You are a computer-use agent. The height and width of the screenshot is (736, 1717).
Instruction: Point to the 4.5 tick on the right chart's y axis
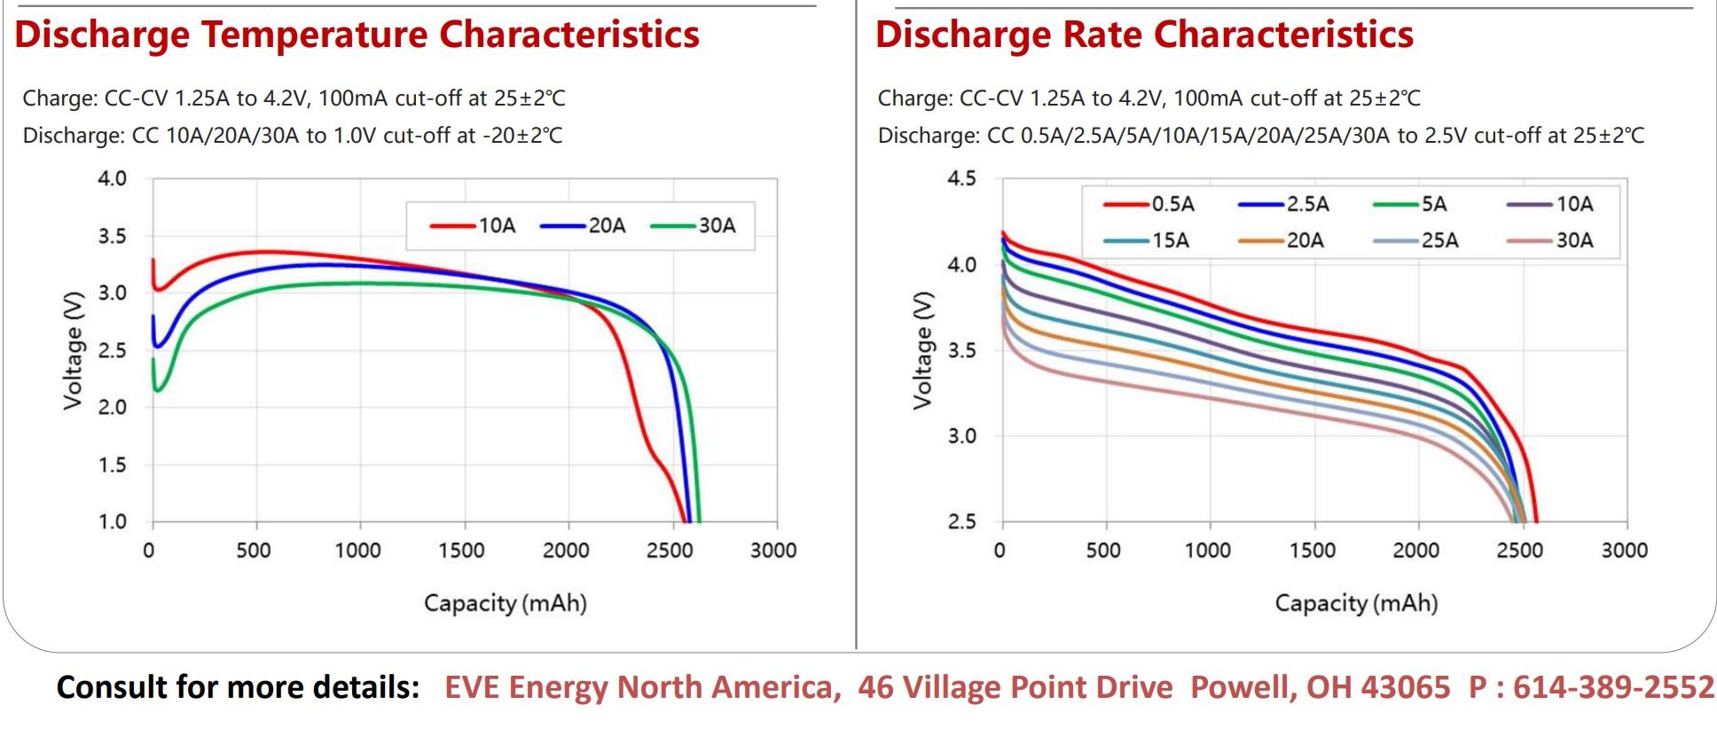pyautogui.click(x=961, y=179)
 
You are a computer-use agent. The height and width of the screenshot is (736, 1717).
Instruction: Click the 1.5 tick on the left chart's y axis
pyautogui.click(x=112, y=466)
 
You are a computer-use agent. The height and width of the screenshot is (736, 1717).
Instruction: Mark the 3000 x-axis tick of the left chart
pyautogui.click(x=773, y=551)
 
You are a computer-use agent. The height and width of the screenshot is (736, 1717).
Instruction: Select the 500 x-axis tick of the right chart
pyautogui.click(x=1103, y=551)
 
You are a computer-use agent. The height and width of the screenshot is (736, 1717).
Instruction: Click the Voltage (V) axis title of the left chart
pyautogui.click(x=73, y=350)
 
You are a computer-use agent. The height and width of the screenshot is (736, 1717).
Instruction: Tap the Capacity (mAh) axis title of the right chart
pyautogui.click(x=1356, y=604)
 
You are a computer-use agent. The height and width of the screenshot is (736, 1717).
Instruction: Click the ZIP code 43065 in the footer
pyautogui.click(x=1406, y=687)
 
